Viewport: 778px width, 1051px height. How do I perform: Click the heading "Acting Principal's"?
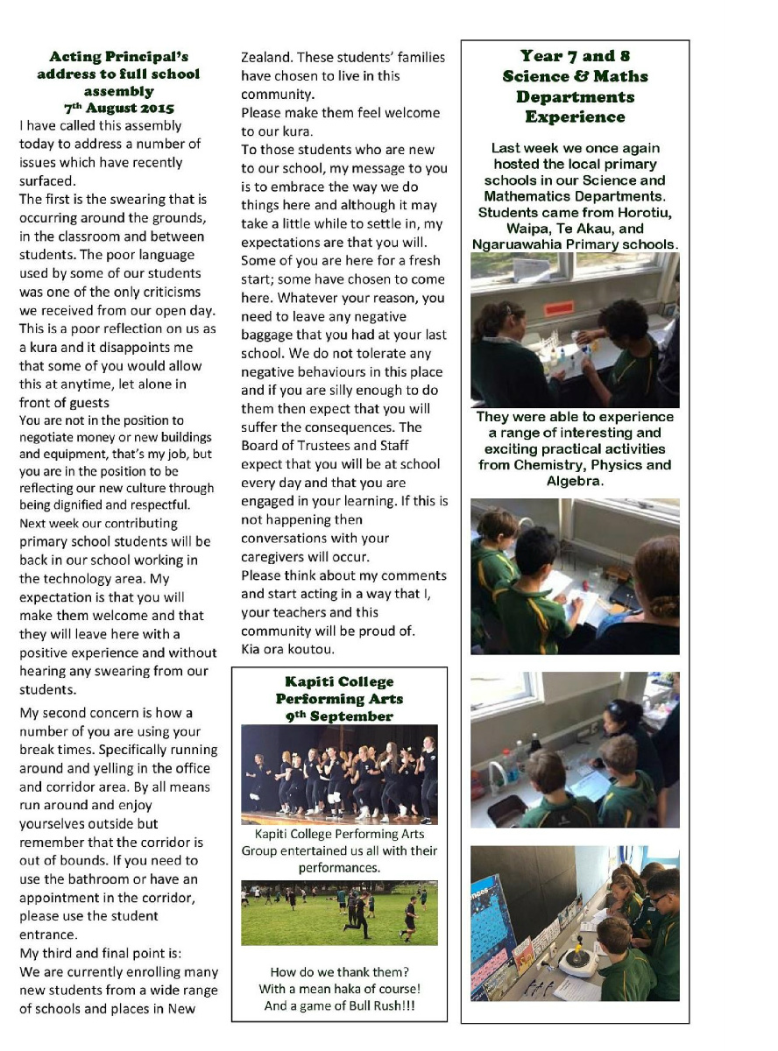coord(118,58)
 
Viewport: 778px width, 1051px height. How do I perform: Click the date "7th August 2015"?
coord(118,108)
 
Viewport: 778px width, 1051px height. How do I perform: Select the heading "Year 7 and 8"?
coord(575,57)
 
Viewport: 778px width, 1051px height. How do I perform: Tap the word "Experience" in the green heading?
coord(575,116)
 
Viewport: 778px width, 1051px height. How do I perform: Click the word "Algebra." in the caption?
coord(574,481)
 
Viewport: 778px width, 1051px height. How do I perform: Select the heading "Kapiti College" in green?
coord(340,681)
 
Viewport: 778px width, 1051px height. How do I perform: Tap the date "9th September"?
coord(340,716)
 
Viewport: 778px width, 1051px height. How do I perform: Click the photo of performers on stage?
coord(340,774)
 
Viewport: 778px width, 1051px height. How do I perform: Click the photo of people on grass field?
coord(340,913)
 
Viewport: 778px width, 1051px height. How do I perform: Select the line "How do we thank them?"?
coord(340,971)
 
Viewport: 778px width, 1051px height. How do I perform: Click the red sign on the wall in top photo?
coord(558,309)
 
